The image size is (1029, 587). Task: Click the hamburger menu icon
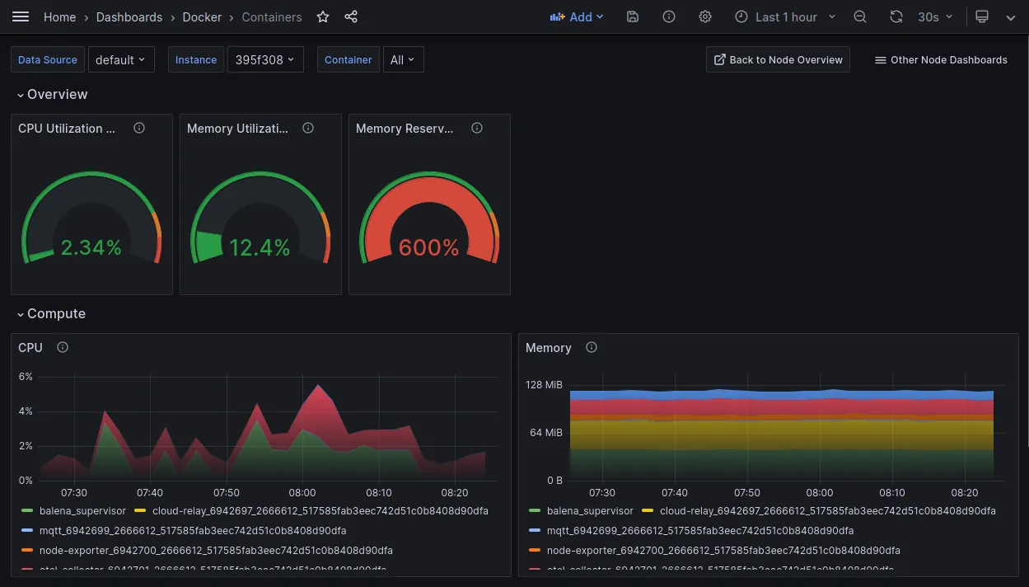pyautogui.click(x=21, y=16)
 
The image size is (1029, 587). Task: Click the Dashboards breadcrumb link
pyautogui.click(x=129, y=16)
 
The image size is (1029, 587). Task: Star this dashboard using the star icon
pyautogui.click(x=323, y=16)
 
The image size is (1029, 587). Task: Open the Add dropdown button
pyautogui.click(x=576, y=16)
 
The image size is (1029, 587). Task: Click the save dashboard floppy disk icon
pyautogui.click(x=633, y=16)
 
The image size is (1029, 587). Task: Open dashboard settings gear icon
pyautogui.click(x=705, y=16)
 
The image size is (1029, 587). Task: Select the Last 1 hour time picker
pyautogui.click(x=785, y=16)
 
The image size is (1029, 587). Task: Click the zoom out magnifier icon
pyautogui.click(x=860, y=16)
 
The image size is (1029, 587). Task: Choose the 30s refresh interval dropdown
pyautogui.click(x=935, y=16)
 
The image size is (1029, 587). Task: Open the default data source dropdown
pyautogui.click(x=121, y=59)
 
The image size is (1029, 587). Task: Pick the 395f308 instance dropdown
pyautogui.click(x=264, y=59)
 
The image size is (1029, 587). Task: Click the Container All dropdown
pyautogui.click(x=403, y=59)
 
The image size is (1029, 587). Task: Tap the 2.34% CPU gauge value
pyautogui.click(x=91, y=247)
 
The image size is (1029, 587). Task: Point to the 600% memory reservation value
pyautogui.click(x=428, y=247)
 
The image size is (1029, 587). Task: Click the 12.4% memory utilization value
pyautogui.click(x=260, y=247)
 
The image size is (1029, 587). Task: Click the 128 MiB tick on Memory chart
pyautogui.click(x=544, y=385)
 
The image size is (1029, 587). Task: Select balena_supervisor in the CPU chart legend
pyautogui.click(x=82, y=511)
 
